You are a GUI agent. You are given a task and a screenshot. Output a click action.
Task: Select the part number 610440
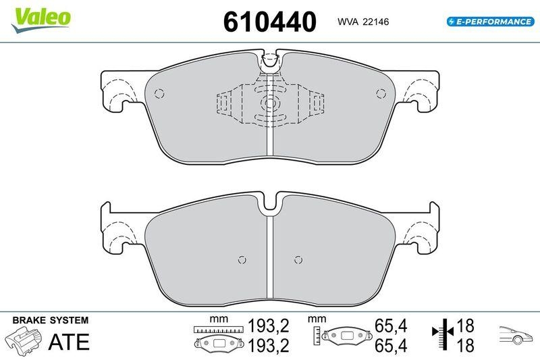pyautogui.click(x=269, y=22)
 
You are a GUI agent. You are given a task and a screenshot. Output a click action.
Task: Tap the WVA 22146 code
pyautogui.click(x=362, y=22)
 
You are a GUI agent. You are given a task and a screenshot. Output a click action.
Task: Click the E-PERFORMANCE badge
pyautogui.click(x=490, y=22)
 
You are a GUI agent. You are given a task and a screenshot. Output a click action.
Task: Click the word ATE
pyautogui.click(x=68, y=342)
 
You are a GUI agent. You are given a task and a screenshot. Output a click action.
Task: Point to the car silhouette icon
pyautogui.click(x=516, y=334)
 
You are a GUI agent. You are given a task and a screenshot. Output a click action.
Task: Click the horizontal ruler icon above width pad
pyautogui.click(x=217, y=329)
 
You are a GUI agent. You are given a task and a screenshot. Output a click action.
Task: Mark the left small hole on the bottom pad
pyautogui.click(x=242, y=259)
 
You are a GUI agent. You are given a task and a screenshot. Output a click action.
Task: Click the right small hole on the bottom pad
pyautogui.click(x=298, y=259)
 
